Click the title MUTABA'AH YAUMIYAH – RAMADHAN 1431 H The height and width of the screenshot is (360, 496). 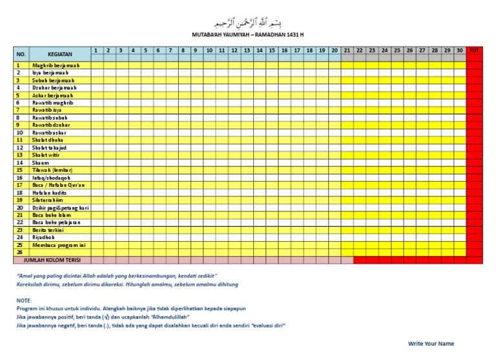(x=248, y=35)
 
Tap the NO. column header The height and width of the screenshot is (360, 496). (x=21, y=54)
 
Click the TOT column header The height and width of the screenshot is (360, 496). (x=475, y=50)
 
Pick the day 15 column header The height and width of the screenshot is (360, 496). (x=272, y=50)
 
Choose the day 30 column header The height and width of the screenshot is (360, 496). (x=459, y=50)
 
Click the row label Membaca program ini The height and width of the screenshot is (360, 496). (x=58, y=245)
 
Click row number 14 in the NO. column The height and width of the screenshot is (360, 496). (x=19, y=163)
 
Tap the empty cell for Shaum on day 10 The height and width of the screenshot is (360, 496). (x=209, y=163)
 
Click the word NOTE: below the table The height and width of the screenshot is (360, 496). (x=23, y=301)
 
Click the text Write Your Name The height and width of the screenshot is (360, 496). (x=431, y=343)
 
